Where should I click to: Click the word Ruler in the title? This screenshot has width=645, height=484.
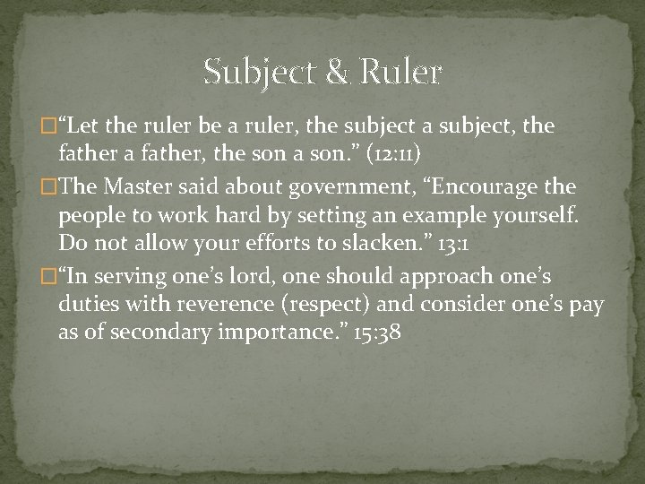(x=401, y=72)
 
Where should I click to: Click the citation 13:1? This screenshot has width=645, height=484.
(x=453, y=243)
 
